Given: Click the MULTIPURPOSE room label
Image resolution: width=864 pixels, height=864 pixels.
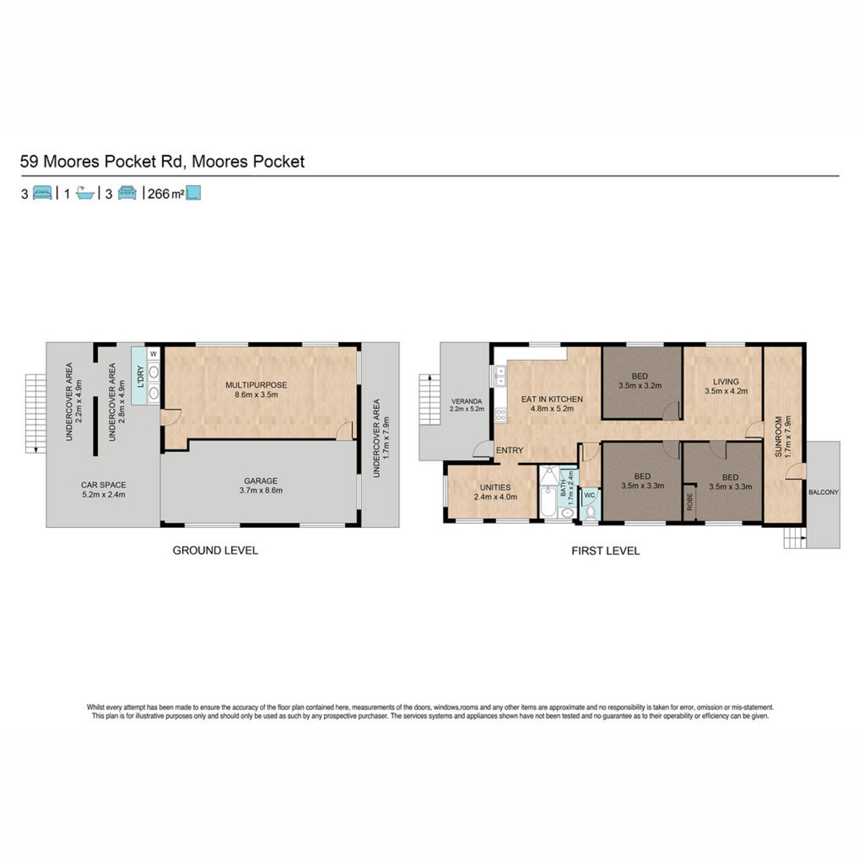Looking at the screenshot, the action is (256, 385).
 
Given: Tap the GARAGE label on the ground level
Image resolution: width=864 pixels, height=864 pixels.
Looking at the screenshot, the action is (261, 481).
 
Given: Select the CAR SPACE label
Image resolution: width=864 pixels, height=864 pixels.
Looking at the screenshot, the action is (104, 485).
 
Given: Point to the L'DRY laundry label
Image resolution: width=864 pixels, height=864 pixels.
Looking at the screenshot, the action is (140, 377).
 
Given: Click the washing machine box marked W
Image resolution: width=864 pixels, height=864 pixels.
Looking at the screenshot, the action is (153, 354).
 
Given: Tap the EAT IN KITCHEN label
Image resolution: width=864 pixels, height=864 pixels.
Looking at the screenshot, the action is (552, 399).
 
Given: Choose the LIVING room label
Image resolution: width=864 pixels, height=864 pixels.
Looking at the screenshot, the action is (726, 382).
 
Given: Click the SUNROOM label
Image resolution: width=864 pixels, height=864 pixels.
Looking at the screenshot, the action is (778, 437).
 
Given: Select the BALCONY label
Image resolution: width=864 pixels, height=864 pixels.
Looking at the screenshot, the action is (823, 492).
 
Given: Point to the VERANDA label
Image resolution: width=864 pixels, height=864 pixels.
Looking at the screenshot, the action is (467, 401).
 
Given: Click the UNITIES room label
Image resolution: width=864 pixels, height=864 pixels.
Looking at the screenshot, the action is (495, 487).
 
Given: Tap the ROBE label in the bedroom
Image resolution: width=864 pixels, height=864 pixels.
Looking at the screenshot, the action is (690, 502).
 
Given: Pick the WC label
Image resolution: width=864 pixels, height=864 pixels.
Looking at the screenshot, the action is (589, 495).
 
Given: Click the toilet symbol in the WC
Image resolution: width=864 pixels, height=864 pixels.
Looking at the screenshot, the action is (590, 512).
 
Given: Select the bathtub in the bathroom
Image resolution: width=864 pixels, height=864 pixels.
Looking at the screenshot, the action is (547, 502).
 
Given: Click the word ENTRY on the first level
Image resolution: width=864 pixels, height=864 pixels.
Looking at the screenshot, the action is (510, 450).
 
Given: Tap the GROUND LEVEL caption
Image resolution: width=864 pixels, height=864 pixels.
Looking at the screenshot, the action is (215, 550).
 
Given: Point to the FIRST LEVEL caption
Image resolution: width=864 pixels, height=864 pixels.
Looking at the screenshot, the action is (606, 551).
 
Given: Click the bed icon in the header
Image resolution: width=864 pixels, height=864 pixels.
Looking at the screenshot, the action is (42, 193).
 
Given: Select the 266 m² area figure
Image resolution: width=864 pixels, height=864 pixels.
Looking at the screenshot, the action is (166, 194).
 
